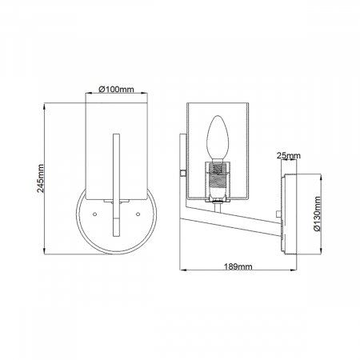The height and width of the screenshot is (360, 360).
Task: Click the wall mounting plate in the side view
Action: (290, 214)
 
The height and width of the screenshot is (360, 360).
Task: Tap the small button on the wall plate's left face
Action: (280, 214)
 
